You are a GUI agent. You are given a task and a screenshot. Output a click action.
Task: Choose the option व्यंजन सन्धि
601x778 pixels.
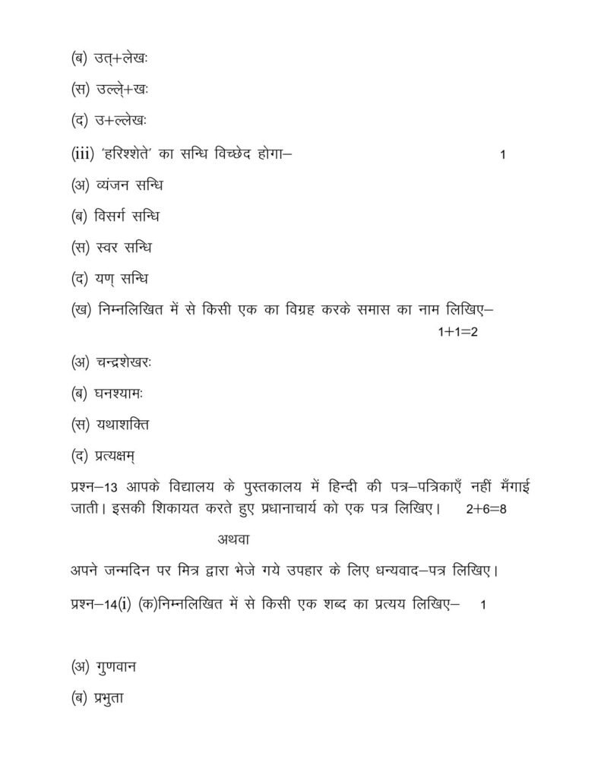pyautogui.click(x=129, y=185)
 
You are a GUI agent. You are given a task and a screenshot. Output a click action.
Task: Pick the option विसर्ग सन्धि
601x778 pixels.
pyautogui.click(x=128, y=217)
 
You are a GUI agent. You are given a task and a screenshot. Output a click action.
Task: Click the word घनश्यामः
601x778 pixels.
pyautogui.click(x=121, y=393)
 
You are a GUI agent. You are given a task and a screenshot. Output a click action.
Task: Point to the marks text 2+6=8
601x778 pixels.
pyautogui.click(x=486, y=509)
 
